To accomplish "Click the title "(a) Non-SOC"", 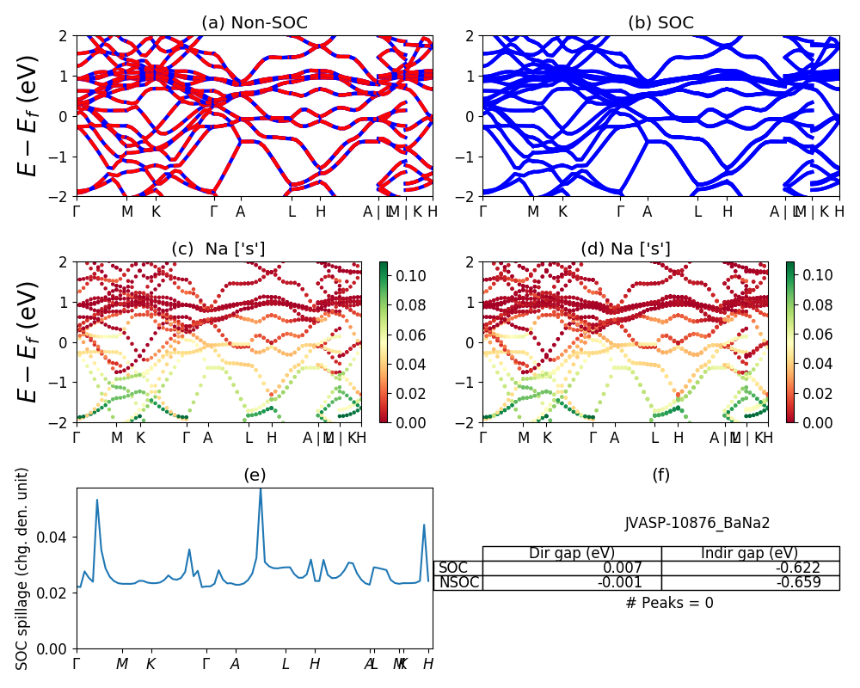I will pos(255,23).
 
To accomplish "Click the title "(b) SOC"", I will pos(660,23).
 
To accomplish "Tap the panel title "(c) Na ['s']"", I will pos(218,249).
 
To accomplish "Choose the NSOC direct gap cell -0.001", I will pos(632,583).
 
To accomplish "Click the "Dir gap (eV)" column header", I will pos(572,553).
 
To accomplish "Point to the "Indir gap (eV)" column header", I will pos(750,553).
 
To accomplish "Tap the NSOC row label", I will pos(458,583).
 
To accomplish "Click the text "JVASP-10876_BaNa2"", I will pos(697,523).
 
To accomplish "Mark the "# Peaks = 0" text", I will pos(669,603).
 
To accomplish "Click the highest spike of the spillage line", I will pos(261,489).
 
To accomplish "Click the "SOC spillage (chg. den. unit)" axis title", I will pos(23,568).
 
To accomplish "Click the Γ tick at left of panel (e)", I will pos(77,664).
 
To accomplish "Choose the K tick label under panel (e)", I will pos(150,664).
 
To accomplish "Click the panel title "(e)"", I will pos(255,476).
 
